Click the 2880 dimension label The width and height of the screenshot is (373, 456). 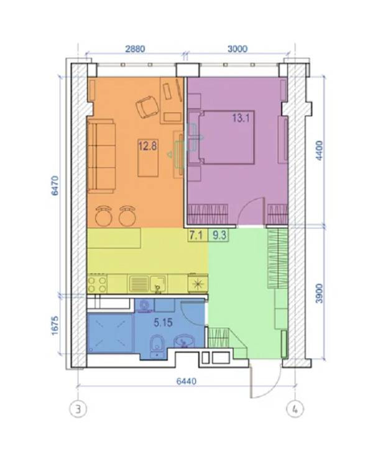[x=135, y=48]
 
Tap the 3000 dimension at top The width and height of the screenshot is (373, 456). [x=237, y=48]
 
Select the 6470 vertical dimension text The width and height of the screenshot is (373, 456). [x=55, y=186]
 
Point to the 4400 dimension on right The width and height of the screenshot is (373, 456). [x=319, y=150]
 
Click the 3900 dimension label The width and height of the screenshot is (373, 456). [x=319, y=293]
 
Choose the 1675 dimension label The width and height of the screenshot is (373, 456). [x=55, y=326]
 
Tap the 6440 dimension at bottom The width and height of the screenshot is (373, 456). [x=186, y=381]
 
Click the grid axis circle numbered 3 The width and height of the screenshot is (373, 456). [x=78, y=409]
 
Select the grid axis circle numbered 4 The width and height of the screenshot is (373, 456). [x=295, y=409]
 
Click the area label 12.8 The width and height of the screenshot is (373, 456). [x=147, y=146]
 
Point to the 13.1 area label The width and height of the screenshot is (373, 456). [x=241, y=119]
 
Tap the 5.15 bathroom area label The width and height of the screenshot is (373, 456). [x=163, y=322]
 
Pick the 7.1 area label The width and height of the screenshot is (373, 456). [x=196, y=235]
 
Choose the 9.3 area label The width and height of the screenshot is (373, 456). [x=219, y=235]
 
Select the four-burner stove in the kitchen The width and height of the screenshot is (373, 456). [x=97, y=284]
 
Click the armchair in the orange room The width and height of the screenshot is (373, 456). [x=148, y=107]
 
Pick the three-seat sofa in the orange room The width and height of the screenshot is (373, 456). [x=101, y=156]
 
